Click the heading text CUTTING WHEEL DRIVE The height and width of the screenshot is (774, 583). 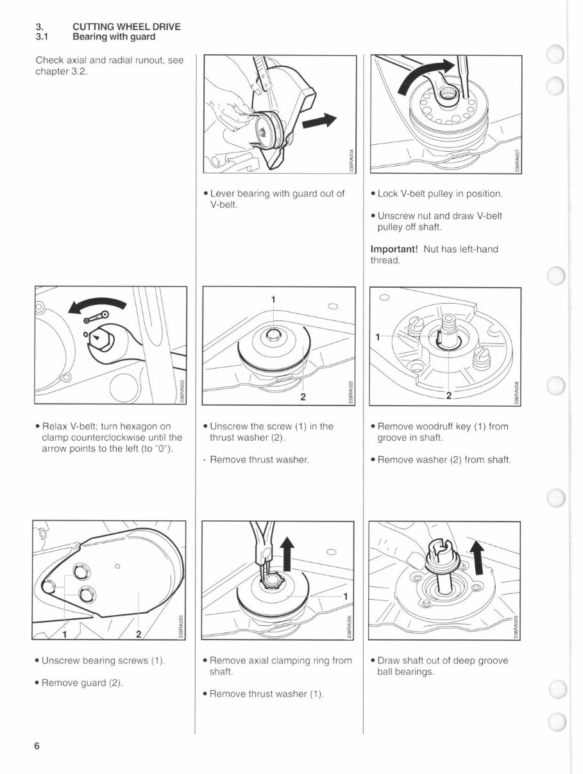coord(126,27)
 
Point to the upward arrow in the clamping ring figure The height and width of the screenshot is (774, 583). coord(286,553)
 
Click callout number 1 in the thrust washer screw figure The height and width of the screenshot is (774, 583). coord(273,300)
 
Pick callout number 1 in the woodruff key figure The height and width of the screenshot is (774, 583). coord(378,336)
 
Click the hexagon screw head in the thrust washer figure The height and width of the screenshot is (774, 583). coord(273,333)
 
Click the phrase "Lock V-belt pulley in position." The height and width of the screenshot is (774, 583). coord(440,193)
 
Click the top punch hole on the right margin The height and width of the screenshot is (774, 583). coord(555,55)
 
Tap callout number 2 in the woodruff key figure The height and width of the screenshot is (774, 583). coord(450,395)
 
